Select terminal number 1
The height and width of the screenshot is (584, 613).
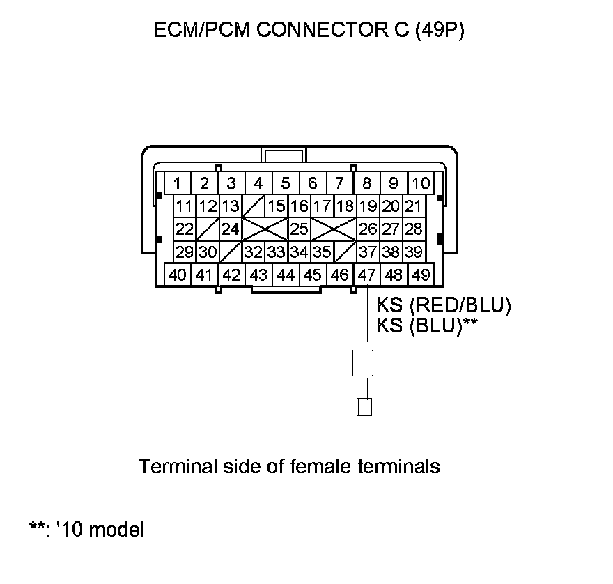[178, 183]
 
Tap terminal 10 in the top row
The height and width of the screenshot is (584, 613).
[421, 183]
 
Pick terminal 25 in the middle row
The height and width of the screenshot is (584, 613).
[299, 229]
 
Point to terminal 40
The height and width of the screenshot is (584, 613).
[177, 275]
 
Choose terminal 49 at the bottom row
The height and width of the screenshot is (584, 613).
[421, 275]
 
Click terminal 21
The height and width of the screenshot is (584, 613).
[413, 206]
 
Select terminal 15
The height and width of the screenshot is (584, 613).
[277, 206]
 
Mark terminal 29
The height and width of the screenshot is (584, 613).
[185, 252]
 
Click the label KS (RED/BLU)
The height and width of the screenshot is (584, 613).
[444, 305]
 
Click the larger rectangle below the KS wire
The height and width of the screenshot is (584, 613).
[364, 362]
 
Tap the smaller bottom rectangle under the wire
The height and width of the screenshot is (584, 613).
[364, 406]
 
